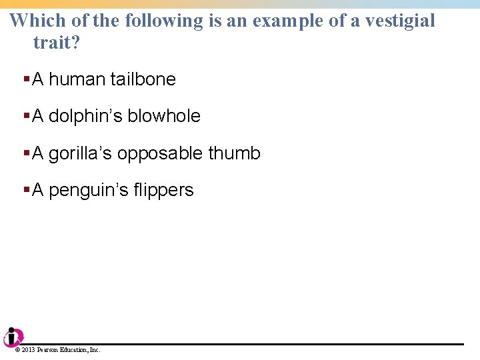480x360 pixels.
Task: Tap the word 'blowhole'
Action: pos(163,116)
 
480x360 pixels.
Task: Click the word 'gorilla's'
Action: pos(81,153)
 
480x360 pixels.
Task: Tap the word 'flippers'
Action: pos(163,190)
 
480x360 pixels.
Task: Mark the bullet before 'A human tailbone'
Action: pos(27,80)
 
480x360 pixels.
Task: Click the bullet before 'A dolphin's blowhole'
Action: pos(27,117)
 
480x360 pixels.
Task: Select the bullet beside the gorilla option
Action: pos(27,154)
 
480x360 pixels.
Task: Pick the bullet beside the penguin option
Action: pos(27,191)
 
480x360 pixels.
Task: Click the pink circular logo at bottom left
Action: pos(12,337)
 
